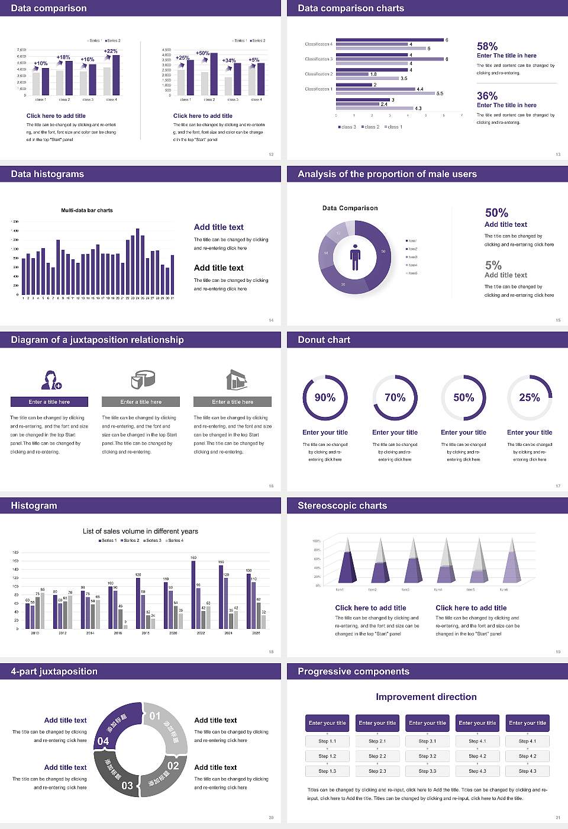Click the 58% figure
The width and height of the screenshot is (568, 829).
pos(487,46)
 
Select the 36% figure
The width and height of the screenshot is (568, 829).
pos(487,96)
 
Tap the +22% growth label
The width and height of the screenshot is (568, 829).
pos(111,52)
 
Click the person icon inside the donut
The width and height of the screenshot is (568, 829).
pos(355,257)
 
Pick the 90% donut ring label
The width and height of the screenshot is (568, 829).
pos(325,397)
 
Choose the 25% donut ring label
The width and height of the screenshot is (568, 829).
pos(530,397)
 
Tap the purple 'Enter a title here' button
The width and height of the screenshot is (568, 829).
pos(50,402)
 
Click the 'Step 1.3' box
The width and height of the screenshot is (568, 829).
pos(327,771)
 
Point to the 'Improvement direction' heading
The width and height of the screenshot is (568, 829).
pos(426,697)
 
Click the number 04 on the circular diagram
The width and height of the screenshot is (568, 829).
pos(104,741)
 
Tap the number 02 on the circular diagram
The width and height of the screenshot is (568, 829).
pos(173,766)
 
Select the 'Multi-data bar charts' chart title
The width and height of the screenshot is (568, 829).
pos(87,210)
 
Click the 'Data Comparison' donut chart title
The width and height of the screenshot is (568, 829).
pos(350,208)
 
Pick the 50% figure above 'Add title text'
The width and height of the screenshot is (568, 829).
pos(496,213)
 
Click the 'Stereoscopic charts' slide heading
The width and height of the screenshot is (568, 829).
pos(342,506)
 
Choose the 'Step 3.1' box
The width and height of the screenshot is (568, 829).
pos(427,741)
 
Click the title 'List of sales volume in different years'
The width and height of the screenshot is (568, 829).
pos(140,531)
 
